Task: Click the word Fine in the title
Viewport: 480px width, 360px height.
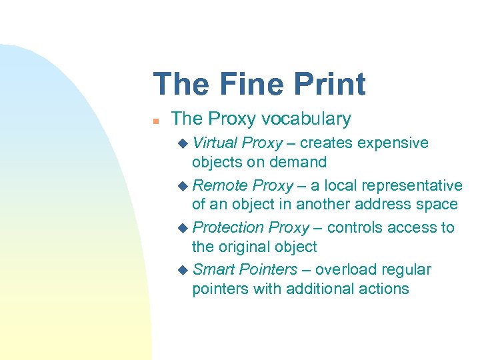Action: [257, 85]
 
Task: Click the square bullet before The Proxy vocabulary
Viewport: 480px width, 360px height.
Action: [155, 121]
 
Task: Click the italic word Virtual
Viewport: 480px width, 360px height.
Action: [215, 143]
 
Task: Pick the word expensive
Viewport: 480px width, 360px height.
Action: [393, 143]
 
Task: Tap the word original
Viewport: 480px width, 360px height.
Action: [243, 247]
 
